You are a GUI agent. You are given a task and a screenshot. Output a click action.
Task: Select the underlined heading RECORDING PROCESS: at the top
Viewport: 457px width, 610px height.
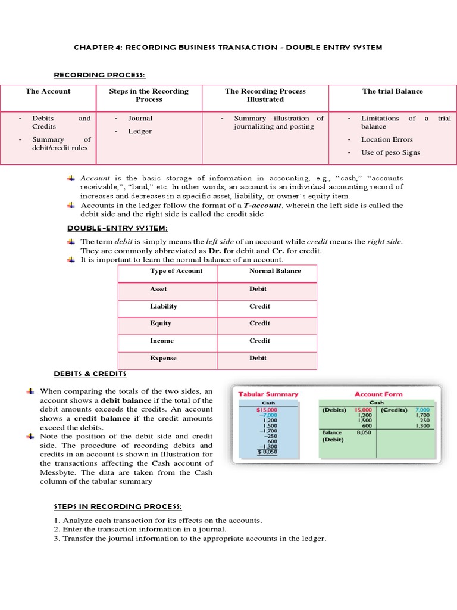[99, 74]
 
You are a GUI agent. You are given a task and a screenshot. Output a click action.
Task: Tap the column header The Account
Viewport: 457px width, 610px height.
[48, 91]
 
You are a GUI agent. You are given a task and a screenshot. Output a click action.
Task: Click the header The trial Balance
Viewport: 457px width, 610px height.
[392, 91]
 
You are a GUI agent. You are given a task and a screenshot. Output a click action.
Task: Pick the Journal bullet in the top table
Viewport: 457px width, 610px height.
[140, 118]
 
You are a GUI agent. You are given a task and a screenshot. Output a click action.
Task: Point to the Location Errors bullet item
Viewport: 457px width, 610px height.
[387, 139]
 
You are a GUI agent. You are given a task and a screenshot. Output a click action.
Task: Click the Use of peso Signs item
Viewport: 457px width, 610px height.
[390, 152]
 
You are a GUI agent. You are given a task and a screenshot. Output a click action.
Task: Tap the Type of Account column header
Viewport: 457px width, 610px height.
[176, 271]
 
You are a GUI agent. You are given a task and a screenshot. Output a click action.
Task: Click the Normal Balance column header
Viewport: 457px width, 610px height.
[275, 271]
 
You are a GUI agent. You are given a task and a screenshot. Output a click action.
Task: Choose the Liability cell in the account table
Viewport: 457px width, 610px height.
[164, 306]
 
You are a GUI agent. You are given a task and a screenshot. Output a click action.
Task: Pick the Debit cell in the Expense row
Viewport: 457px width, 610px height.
[258, 358]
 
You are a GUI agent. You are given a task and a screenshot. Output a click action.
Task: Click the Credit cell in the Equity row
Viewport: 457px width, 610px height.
[259, 323]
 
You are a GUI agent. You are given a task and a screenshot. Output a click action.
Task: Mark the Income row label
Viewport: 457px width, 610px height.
[162, 341]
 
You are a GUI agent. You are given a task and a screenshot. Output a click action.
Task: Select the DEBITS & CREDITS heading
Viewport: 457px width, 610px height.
[90, 374]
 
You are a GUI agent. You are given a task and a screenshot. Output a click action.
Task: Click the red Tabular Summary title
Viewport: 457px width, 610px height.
[268, 394]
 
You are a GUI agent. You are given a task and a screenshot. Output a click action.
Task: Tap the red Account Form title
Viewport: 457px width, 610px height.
[378, 394]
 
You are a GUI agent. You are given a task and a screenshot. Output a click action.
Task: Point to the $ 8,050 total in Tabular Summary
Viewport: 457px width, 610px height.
[267, 452]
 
